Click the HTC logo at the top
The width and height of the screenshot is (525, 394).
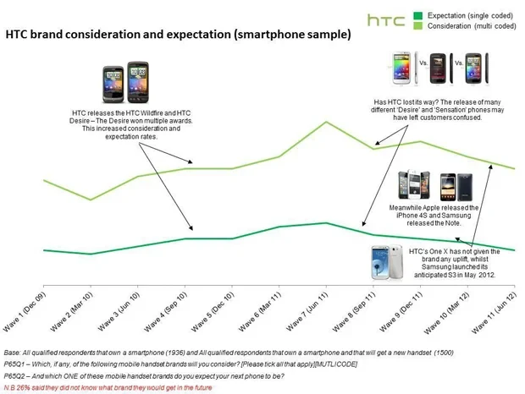point(386,20)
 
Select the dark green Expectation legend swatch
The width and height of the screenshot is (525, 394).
point(417,16)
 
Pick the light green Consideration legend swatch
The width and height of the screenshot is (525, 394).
point(417,25)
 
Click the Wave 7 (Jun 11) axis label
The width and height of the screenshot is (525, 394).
point(307,311)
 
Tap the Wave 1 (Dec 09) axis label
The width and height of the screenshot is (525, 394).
point(25,311)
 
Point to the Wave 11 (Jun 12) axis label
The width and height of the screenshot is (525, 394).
point(495,313)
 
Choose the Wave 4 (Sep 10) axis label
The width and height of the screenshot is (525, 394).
point(166,311)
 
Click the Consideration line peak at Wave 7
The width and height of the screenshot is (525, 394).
point(327,122)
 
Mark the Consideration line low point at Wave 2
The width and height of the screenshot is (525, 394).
point(91,200)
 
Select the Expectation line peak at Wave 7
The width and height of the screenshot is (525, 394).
point(327,223)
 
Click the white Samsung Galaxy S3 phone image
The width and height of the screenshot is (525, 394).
point(387,263)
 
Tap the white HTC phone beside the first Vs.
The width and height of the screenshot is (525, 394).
point(401,68)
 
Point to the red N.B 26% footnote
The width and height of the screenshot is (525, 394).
point(108,387)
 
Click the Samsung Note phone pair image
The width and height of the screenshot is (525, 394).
point(456,187)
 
